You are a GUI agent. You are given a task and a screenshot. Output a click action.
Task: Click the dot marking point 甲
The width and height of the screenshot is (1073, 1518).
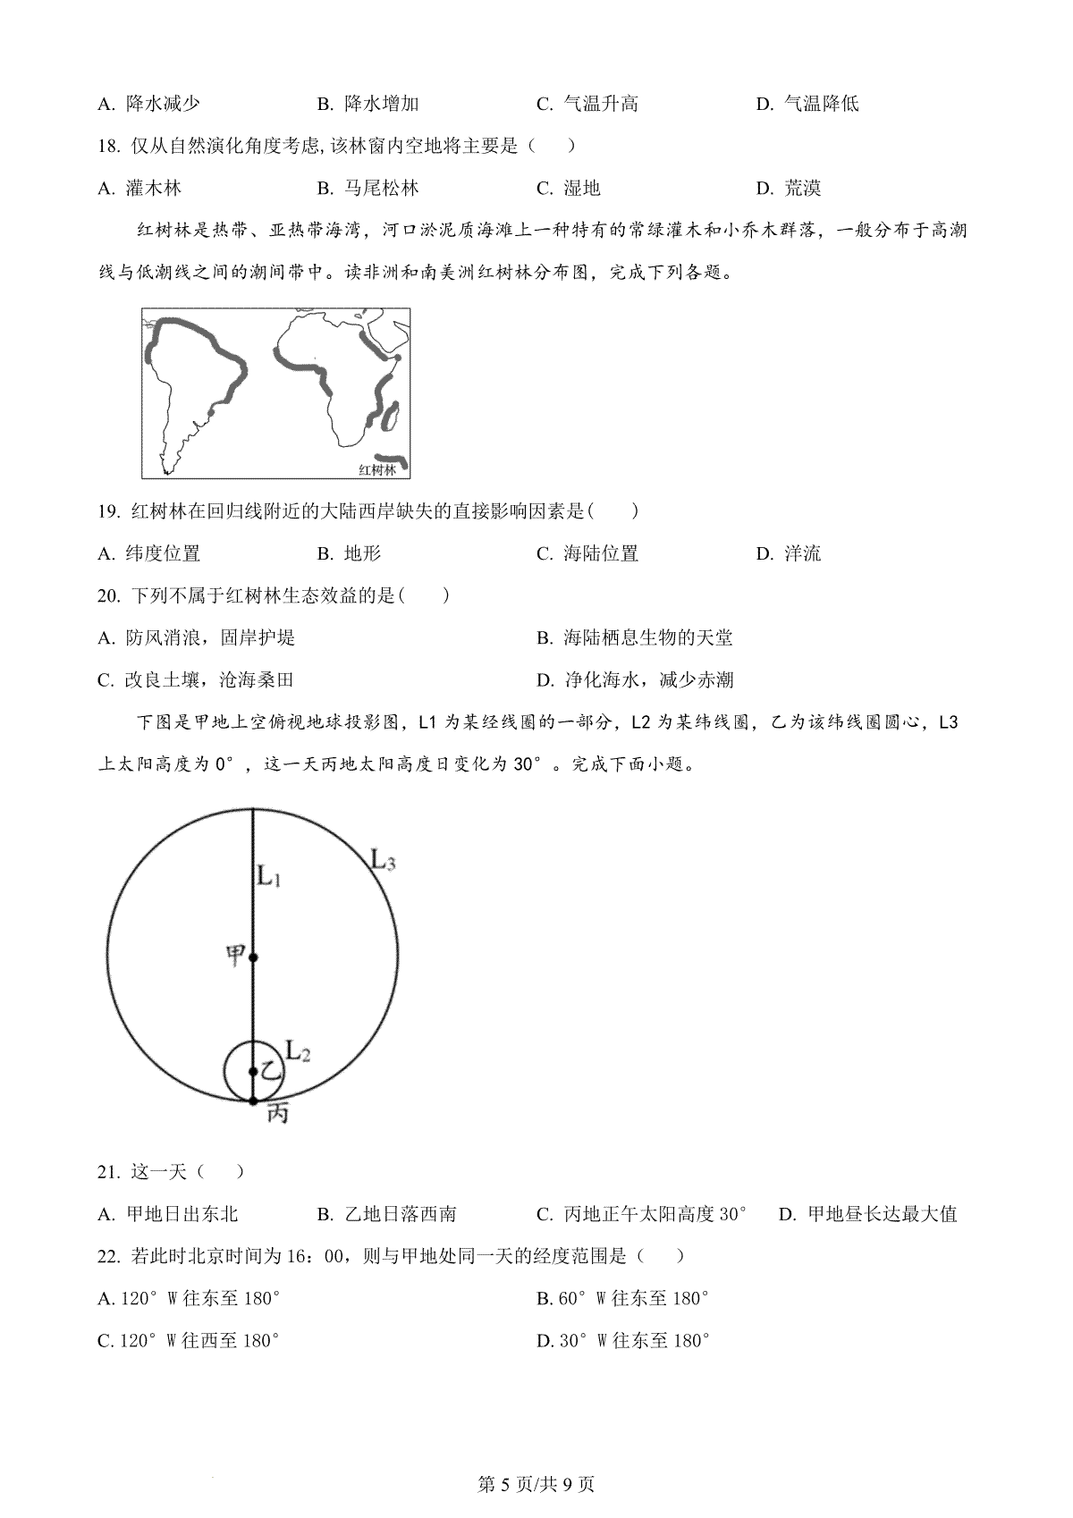pos(253,957)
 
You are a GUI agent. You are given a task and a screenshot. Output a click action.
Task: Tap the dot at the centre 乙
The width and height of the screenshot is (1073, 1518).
pos(253,1072)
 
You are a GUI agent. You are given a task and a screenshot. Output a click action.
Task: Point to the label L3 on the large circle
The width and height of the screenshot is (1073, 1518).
pos(383,860)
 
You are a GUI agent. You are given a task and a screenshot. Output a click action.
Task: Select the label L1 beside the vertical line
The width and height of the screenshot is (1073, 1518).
pos(270,877)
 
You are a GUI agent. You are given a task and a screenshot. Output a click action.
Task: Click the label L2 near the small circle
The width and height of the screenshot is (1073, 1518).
pos(298,1050)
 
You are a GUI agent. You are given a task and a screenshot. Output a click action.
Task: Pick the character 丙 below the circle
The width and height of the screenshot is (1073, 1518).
pos(277,1114)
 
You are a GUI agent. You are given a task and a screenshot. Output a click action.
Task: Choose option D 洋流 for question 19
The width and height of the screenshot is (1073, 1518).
pos(788,553)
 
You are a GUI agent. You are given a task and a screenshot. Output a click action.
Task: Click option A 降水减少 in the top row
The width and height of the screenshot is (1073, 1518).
pos(148,104)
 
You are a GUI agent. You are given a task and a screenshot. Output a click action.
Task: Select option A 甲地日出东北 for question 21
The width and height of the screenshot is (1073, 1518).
pos(168,1214)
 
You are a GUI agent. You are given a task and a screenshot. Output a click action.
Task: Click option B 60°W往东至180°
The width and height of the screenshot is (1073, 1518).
pos(623,1298)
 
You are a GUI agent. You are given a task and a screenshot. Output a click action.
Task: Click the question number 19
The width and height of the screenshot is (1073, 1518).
pos(108,511)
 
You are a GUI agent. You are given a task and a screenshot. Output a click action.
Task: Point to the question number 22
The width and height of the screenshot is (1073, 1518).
pos(108,1256)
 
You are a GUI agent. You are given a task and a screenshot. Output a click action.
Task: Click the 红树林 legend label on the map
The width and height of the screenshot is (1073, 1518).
pos(376,469)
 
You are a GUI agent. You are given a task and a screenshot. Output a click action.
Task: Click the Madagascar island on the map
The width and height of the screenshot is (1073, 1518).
pos(391,415)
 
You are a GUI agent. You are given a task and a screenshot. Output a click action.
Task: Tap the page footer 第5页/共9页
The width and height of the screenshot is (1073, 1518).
pos(536,1485)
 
